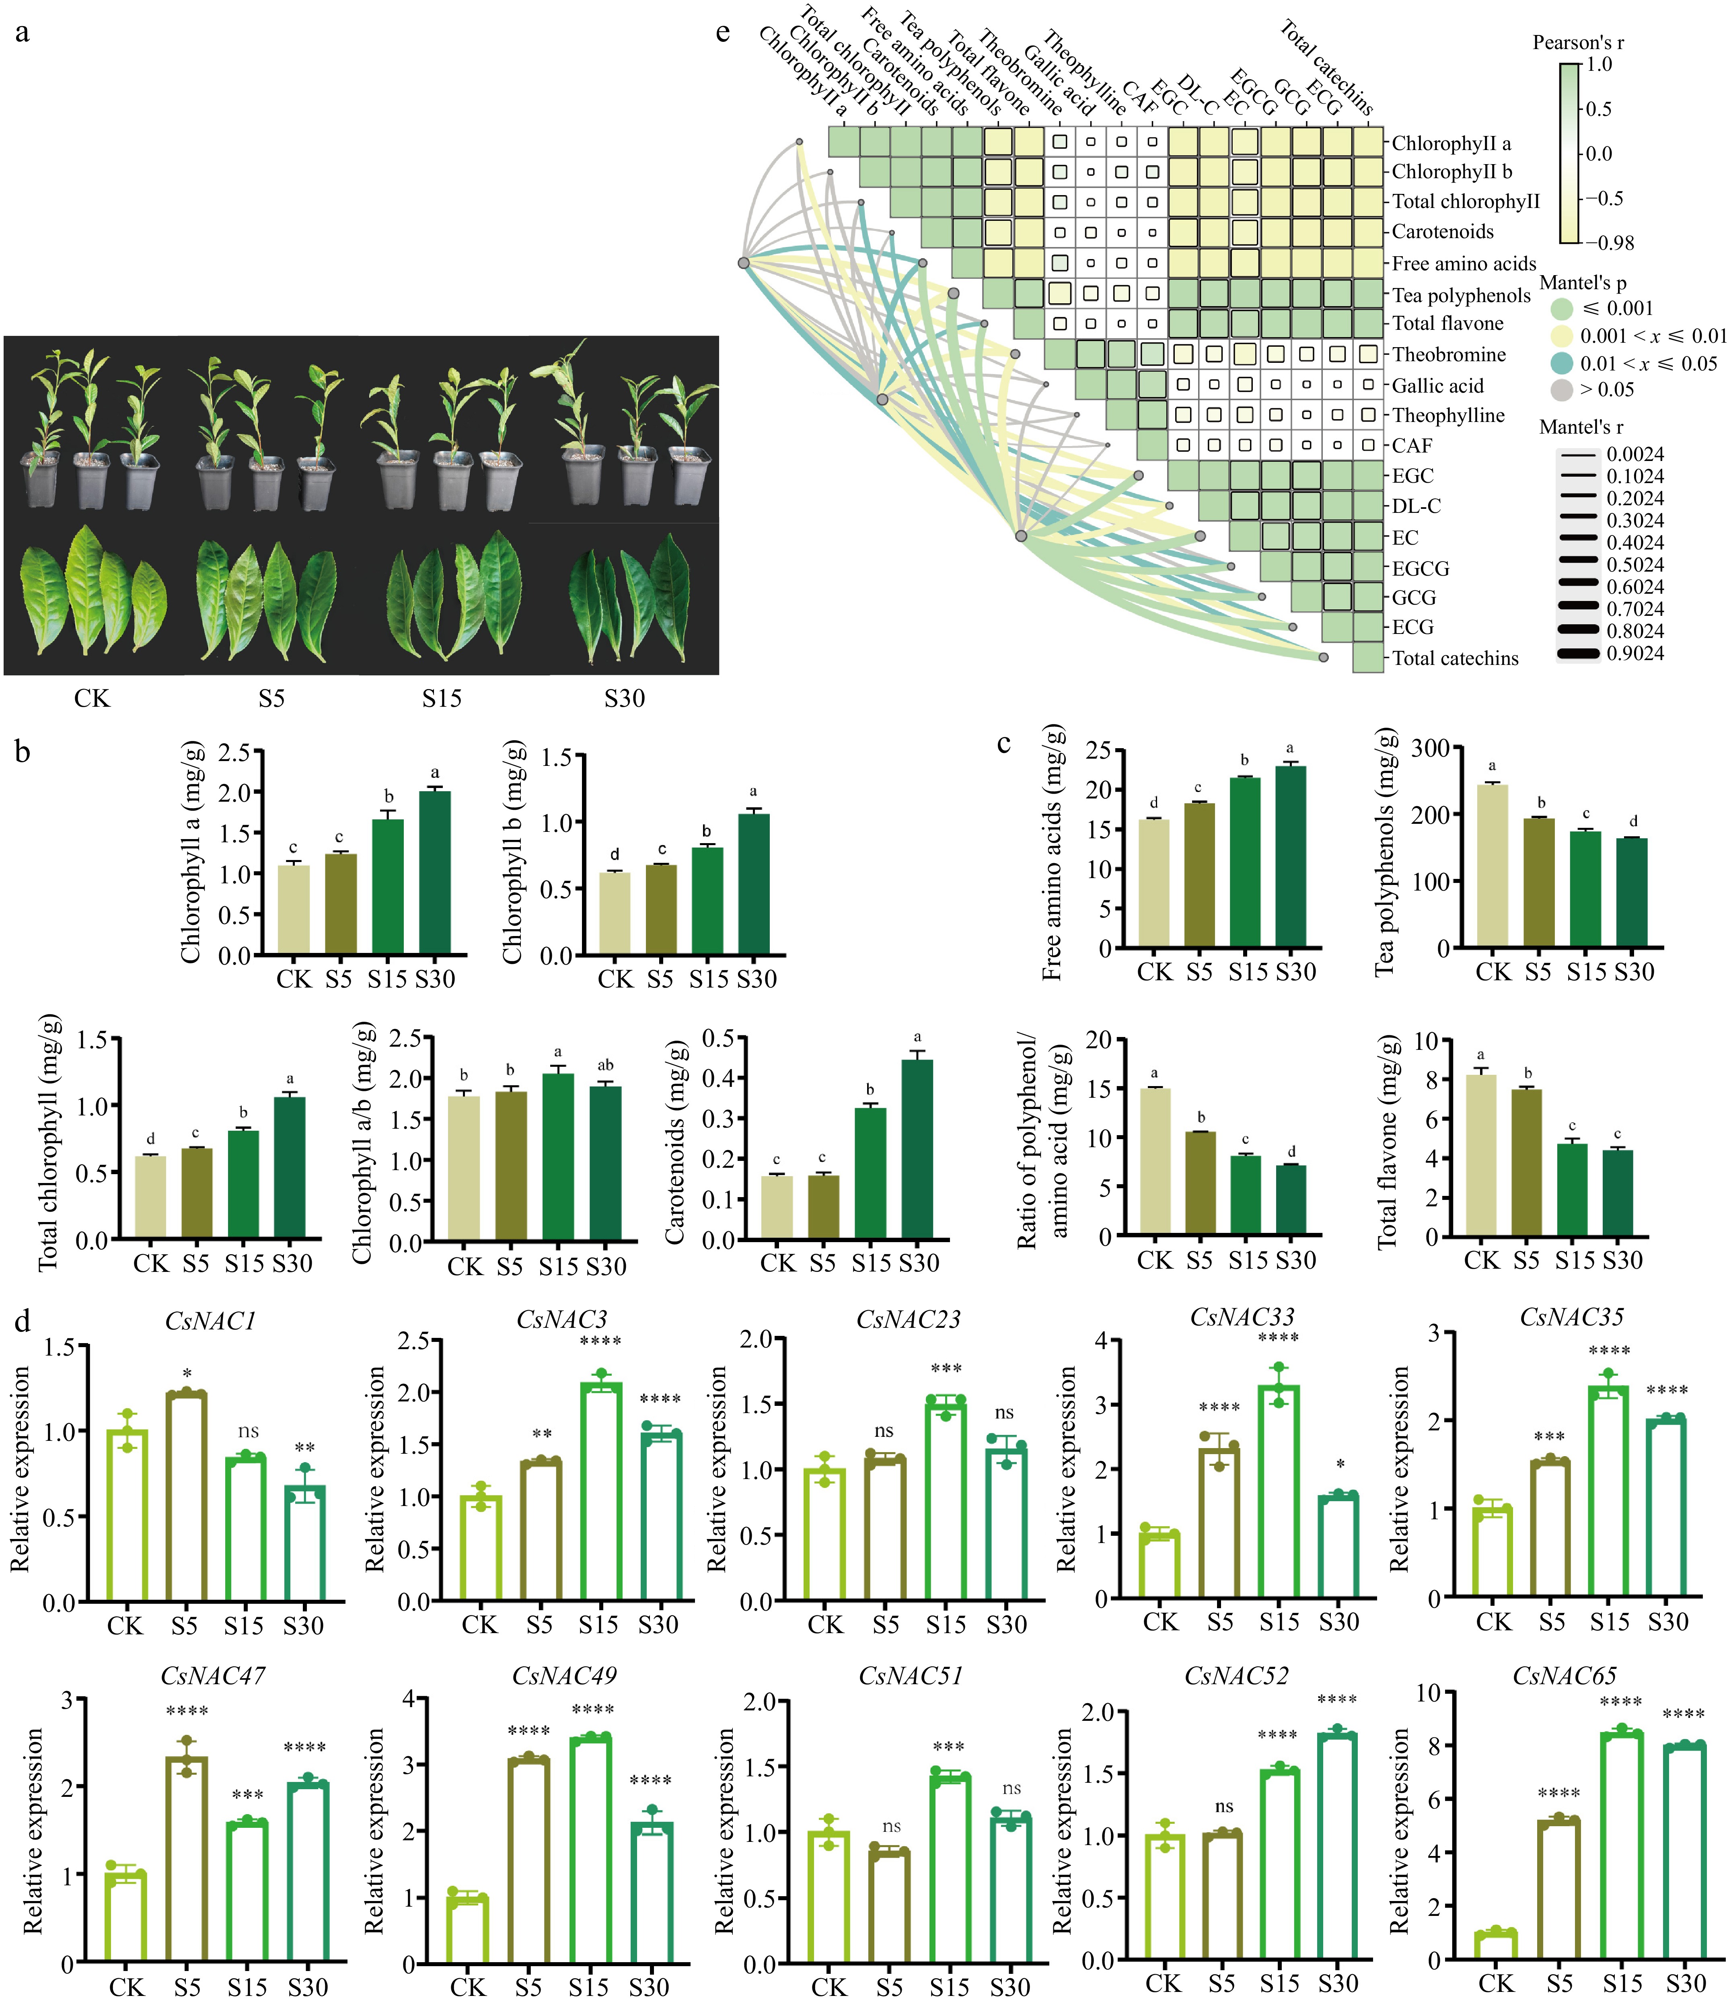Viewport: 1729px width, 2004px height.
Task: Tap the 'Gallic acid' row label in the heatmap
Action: tap(1437, 386)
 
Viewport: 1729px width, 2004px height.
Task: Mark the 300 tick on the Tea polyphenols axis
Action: tap(1431, 748)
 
